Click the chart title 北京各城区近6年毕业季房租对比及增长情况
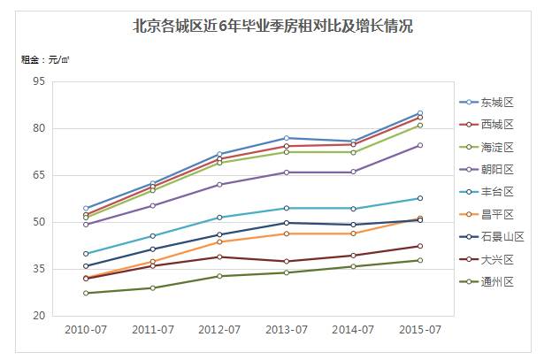coord(272,26)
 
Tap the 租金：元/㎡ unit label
coord(45,60)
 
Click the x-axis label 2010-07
coord(86,330)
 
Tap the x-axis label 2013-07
coord(286,330)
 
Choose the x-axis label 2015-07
coord(419,330)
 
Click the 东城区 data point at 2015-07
coord(419,113)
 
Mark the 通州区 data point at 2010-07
coord(86,293)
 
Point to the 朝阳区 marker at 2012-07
coord(219,185)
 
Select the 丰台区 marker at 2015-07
coord(419,198)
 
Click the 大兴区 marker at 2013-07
coord(286,261)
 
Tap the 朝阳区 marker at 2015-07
coord(419,145)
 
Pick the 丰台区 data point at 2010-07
coord(86,254)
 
